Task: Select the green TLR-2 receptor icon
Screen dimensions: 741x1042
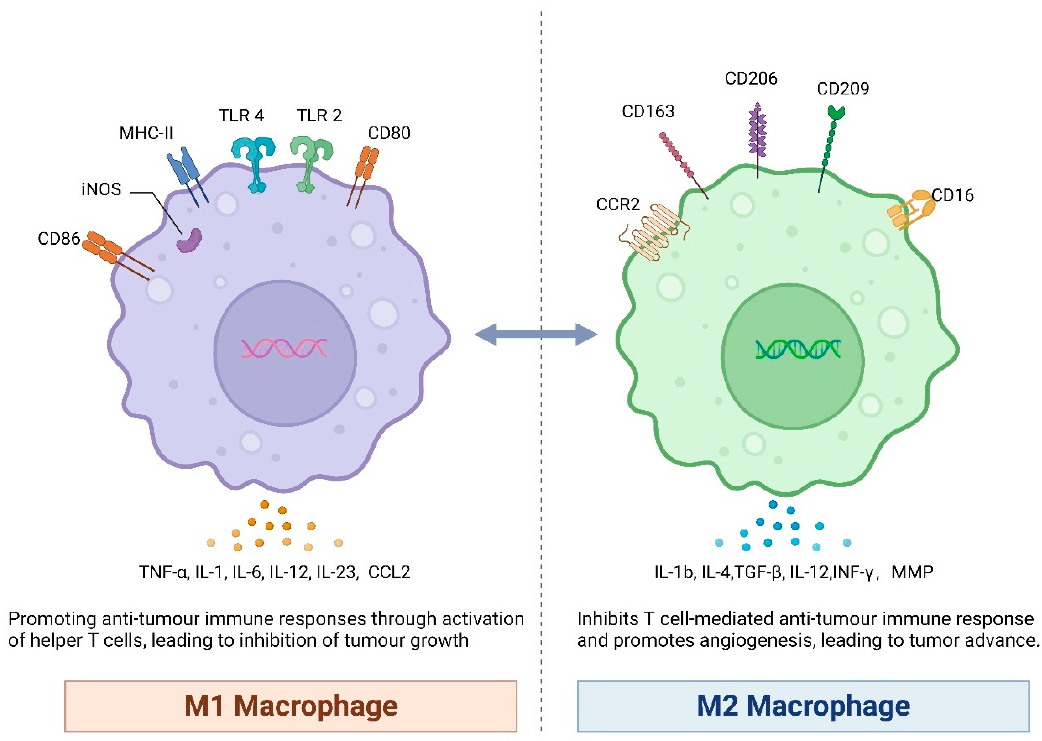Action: [310, 162]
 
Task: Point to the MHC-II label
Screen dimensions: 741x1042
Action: [146, 133]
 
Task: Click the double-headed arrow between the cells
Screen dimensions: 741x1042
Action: [536, 334]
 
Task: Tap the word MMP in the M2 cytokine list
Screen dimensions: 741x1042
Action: [912, 572]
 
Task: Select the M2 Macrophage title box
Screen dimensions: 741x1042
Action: [803, 706]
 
